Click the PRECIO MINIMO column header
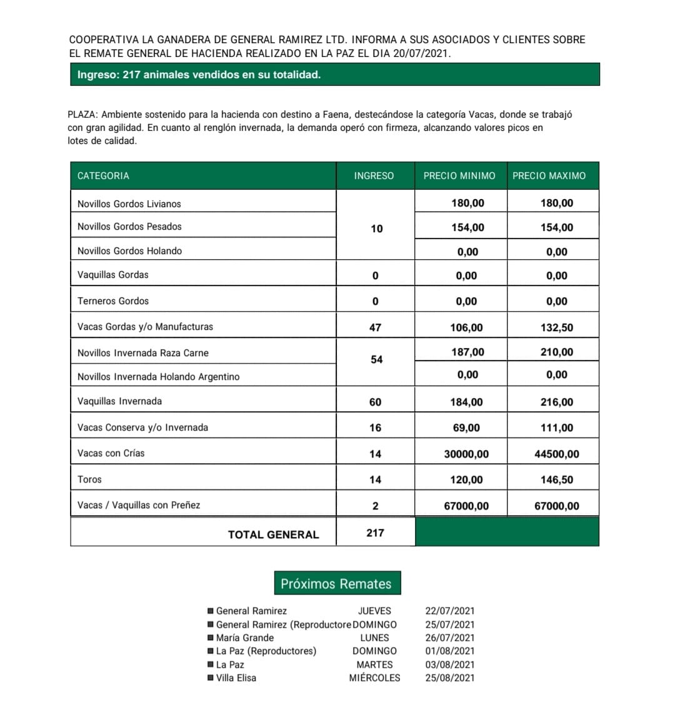459,176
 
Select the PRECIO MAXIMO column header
549,176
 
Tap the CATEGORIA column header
103,176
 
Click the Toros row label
89,479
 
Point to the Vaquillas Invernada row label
119,401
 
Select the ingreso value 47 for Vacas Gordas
375,327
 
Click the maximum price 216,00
556,402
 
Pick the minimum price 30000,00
466,454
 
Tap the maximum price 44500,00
556,454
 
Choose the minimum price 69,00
466,427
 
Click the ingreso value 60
375,402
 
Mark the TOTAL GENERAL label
273,534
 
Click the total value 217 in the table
375,533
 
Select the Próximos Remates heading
336,584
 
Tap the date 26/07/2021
450,638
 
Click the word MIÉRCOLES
374,678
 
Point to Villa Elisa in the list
236,678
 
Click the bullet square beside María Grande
211,638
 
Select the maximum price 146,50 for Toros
556,479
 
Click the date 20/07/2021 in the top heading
421,54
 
